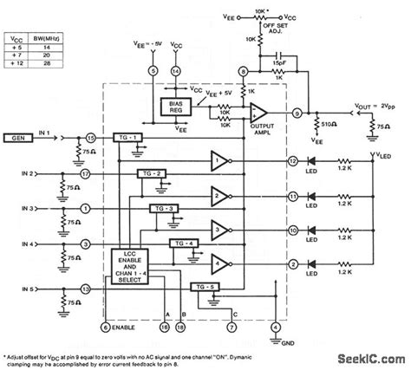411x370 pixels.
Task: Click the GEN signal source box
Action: point(18,137)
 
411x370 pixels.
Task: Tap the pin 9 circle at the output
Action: point(297,112)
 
